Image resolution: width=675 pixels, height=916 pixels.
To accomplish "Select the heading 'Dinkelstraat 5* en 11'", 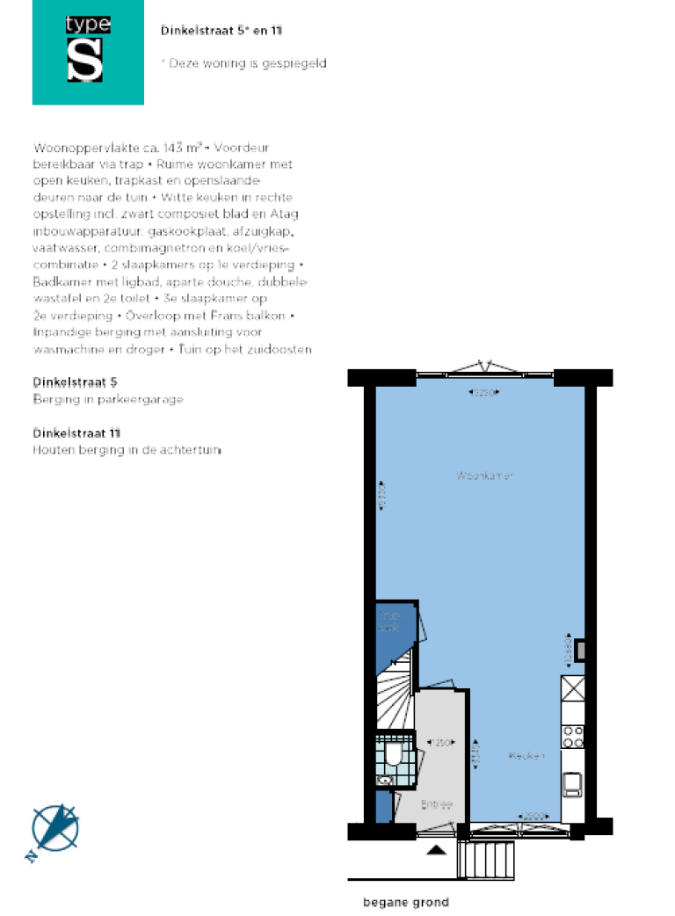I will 221,31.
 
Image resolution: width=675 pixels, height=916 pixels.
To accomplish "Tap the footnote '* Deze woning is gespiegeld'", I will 244,63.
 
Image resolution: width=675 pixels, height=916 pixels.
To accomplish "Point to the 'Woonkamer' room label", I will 485,476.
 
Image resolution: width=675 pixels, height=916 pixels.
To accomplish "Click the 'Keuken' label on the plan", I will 526,755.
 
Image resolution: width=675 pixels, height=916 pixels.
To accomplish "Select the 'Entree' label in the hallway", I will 436,804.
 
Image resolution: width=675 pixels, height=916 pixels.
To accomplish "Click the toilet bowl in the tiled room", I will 394,755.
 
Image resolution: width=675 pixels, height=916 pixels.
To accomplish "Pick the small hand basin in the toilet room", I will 383,780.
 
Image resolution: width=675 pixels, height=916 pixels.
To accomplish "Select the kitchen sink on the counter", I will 572,782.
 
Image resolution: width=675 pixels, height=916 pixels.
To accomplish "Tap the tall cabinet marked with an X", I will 573,687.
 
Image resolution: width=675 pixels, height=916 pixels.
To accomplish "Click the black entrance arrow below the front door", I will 435,849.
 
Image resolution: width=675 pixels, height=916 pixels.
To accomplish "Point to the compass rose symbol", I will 54,829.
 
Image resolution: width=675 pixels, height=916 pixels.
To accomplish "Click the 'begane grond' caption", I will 406,902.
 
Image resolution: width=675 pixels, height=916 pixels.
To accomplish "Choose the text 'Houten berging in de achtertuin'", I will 127,449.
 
